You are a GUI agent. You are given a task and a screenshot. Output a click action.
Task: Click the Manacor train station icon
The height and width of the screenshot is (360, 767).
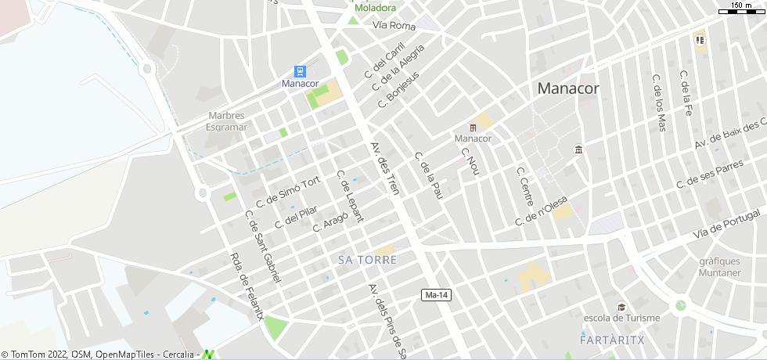pyautogui.click(x=300, y=71)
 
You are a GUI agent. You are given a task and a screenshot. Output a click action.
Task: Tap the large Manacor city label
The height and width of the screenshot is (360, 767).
pyautogui.click(x=568, y=88)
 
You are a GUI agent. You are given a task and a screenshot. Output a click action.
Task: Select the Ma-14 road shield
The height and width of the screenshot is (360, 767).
pyautogui.click(x=436, y=294)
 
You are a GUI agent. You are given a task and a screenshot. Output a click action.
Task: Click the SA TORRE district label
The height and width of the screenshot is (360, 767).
pyautogui.click(x=368, y=259)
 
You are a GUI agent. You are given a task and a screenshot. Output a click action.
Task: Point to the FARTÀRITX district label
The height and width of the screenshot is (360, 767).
pyautogui.click(x=612, y=340)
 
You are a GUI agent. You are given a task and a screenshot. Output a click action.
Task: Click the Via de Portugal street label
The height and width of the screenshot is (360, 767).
pyautogui.click(x=728, y=225)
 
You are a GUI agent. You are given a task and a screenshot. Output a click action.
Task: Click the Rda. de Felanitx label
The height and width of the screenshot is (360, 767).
pyautogui.click(x=247, y=286)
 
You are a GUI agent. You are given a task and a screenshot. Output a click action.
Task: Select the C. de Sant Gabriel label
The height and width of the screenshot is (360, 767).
pyautogui.click(x=263, y=247)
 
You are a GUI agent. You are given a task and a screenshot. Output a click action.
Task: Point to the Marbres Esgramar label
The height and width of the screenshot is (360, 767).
pyautogui.click(x=226, y=121)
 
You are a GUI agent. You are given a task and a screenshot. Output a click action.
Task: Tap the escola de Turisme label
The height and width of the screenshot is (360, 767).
pyautogui.click(x=622, y=318)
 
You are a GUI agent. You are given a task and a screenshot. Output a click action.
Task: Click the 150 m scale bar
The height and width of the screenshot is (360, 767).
pyautogui.click(x=741, y=9)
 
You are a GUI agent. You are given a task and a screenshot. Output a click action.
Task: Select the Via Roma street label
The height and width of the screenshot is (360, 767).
pyautogui.click(x=394, y=26)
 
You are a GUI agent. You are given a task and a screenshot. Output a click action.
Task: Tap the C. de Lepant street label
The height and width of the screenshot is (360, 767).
pyautogui.click(x=349, y=196)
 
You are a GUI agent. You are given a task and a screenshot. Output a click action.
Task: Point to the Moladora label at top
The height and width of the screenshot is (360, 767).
pyautogui.click(x=375, y=8)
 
